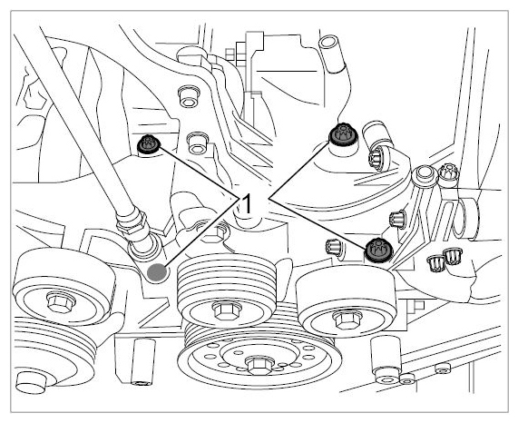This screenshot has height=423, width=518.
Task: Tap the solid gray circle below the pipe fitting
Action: coord(157,272)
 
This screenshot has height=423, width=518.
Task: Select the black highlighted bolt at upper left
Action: coord(149,144)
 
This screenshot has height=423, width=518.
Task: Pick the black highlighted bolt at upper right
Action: coord(344,134)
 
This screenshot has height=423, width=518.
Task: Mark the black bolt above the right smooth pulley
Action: coord(378,250)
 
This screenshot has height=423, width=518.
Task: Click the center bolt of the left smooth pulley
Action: coord(61,302)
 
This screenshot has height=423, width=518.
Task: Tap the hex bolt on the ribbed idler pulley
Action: coord(227,310)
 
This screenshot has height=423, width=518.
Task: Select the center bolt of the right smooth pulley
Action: coord(347,320)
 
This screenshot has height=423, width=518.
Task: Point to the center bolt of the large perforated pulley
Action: coord(260,365)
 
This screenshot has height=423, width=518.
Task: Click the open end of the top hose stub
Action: coord(328,44)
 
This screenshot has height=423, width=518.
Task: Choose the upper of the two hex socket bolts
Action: coord(189,96)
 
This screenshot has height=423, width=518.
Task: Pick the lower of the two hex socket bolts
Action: coord(198,143)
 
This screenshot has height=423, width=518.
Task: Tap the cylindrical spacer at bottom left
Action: coord(143,362)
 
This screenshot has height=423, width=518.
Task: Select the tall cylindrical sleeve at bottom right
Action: coord(386,359)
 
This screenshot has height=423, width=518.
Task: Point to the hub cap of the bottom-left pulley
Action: coord(31,383)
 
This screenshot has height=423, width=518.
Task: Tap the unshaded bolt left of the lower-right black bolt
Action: coord(333,247)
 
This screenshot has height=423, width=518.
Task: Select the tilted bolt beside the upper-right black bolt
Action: coord(378,159)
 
